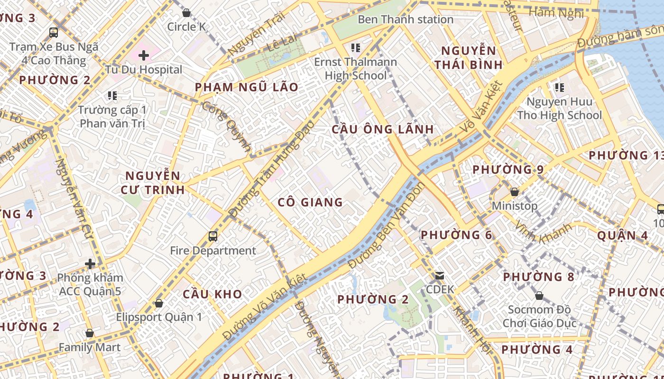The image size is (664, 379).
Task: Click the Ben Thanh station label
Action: [x=406, y=19]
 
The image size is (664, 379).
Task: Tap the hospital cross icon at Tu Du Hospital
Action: [x=144, y=55]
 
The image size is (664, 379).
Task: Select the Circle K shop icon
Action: [x=186, y=13]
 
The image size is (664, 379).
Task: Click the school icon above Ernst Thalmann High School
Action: [x=356, y=47]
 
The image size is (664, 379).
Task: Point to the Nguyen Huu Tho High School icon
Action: [x=560, y=87]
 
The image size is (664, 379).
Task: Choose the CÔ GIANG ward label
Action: [x=310, y=202]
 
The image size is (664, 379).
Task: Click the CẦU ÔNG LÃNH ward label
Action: [x=383, y=129]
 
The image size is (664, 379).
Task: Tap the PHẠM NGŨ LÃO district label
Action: [x=247, y=87]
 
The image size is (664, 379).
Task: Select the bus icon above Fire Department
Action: [x=213, y=236]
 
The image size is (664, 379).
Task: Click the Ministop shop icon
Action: [x=515, y=192]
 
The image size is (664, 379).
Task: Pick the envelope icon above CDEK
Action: [x=440, y=275]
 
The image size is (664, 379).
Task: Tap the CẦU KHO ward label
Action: [x=212, y=294]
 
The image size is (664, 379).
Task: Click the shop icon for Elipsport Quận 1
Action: [x=159, y=303]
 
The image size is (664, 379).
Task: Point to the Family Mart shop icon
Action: [x=90, y=334]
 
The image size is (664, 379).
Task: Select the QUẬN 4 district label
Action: [x=622, y=235]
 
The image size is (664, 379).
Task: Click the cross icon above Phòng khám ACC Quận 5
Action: [x=90, y=263]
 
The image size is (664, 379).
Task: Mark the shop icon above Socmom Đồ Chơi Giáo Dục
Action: [x=539, y=296]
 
